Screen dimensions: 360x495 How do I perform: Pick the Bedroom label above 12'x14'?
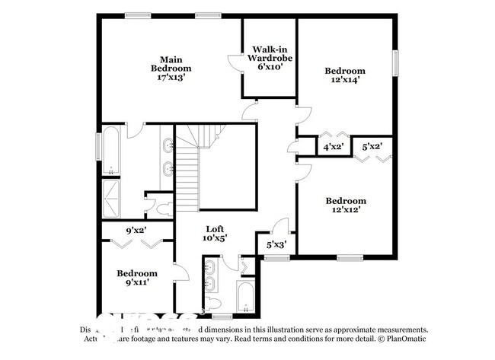[345, 71]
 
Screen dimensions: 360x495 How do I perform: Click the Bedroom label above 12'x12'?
[346, 201]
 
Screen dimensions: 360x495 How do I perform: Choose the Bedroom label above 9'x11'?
[137, 273]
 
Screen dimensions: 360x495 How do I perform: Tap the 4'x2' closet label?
[334, 147]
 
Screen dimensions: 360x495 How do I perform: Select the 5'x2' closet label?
[372, 146]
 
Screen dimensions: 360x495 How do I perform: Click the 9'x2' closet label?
[136, 230]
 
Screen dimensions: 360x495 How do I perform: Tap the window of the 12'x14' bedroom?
[395, 62]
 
